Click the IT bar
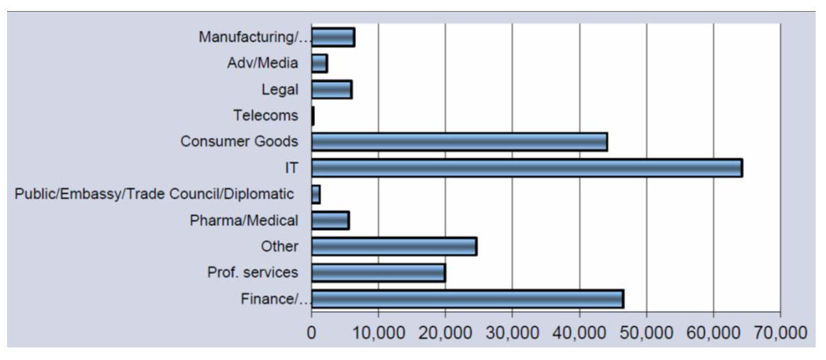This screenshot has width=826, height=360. [x=527, y=168]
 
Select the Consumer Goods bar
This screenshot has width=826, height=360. [x=459, y=142]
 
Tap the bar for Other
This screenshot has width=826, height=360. [x=394, y=247]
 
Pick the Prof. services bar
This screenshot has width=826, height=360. [x=378, y=273]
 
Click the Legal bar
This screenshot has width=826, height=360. [x=332, y=90]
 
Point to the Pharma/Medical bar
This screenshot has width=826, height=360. [x=330, y=221]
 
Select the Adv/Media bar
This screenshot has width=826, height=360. [x=319, y=63]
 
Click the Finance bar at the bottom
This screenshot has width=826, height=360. [x=468, y=299]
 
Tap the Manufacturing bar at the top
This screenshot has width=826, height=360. [x=332, y=37]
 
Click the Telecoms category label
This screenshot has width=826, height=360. [x=265, y=116]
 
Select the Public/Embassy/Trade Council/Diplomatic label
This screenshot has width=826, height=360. [x=154, y=194]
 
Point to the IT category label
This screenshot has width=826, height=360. [x=291, y=168]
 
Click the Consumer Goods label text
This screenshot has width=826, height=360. [x=239, y=142]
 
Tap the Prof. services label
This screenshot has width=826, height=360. [x=252, y=273]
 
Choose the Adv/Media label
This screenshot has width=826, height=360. [x=262, y=63]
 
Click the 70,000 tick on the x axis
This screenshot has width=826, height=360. [x=780, y=332]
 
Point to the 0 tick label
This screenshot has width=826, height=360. [x=312, y=332]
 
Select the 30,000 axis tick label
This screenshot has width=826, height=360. [x=512, y=332]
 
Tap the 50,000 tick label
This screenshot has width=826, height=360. [x=646, y=332]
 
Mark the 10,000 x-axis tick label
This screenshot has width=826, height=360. [x=378, y=332]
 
